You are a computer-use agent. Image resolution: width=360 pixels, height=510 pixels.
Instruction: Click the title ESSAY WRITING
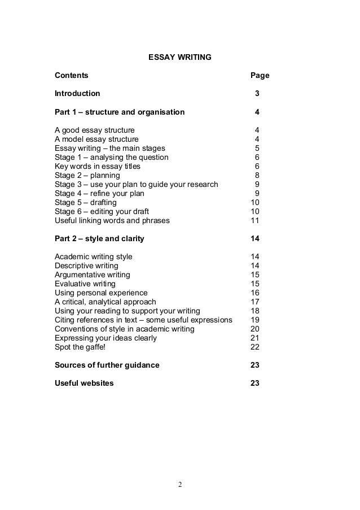coord(179,57)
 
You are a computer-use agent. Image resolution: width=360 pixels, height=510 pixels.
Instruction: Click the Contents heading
coord(71,75)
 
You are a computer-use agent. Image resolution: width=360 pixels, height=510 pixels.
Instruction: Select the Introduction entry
coord(77,93)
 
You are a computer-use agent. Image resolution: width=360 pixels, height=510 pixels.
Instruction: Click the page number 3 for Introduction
coord(257,93)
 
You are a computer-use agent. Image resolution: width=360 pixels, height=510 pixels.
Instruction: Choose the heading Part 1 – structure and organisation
coord(120,112)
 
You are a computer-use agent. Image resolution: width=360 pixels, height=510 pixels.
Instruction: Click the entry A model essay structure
coord(96,139)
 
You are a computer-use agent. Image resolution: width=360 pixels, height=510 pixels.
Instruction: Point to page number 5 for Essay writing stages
coord(257,148)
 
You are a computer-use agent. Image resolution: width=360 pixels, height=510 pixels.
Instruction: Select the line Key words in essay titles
coord(98,166)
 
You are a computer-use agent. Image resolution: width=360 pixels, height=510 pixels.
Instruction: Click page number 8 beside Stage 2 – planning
coord(257,175)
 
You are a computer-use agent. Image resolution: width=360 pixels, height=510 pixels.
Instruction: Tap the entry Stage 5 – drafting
coord(86,202)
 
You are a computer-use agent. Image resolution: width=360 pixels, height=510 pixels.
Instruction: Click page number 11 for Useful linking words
coord(254,220)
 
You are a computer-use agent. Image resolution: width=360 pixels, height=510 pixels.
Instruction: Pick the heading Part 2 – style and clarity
coord(99,238)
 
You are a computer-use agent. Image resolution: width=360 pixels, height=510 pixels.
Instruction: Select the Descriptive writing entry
coord(86,265)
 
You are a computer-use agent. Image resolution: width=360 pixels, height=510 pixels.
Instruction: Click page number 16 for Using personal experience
coord(254,293)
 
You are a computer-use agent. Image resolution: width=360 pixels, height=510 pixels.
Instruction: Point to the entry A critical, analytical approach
coord(106,302)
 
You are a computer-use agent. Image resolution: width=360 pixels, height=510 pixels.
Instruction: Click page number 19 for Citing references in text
coord(254,320)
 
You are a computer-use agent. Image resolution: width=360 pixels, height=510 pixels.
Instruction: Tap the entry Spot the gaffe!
coord(80,347)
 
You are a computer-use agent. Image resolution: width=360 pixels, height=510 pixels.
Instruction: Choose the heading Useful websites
coord(84,383)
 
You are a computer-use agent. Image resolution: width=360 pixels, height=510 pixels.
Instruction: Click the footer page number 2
coord(180,484)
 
